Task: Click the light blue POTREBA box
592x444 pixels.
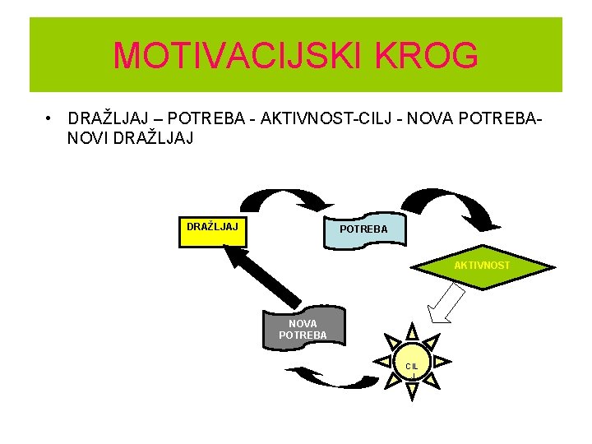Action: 363,230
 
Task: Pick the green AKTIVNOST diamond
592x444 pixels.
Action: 482,266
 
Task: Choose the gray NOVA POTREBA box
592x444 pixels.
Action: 303,327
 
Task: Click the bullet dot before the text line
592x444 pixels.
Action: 50,119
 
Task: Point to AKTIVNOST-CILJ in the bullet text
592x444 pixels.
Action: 312,119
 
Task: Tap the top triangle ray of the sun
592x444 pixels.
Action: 412,331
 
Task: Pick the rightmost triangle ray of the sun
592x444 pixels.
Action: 442,362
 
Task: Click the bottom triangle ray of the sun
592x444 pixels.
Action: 412,391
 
